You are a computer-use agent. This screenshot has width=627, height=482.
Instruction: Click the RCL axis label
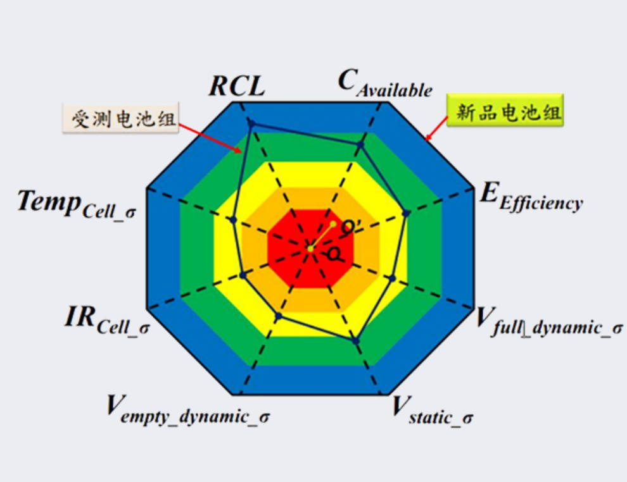coord(237,86)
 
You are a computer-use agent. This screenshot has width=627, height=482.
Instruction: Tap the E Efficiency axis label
coord(531,197)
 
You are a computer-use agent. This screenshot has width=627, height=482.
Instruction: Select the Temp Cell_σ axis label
coord(77,204)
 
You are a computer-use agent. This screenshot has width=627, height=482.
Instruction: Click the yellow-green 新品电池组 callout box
coord(505,111)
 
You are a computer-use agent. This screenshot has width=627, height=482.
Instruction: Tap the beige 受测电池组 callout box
coord(120,118)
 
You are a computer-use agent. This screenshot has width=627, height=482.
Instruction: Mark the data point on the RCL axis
coord(251,123)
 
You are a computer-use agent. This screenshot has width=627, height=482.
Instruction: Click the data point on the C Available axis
coord(360,145)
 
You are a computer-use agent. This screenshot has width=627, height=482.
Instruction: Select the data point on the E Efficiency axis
coord(406,214)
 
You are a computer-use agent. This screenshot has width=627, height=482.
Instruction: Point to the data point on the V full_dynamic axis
coord(392,278)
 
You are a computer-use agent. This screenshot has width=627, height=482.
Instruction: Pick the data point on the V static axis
coord(355,341)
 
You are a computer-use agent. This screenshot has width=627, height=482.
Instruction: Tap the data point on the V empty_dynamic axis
coord(279,316)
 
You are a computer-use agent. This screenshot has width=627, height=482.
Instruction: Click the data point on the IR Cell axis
coord(243,275)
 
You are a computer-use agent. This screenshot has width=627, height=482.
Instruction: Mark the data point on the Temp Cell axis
coord(234,220)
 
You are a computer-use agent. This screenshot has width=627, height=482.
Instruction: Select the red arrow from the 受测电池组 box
coord(210,138)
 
